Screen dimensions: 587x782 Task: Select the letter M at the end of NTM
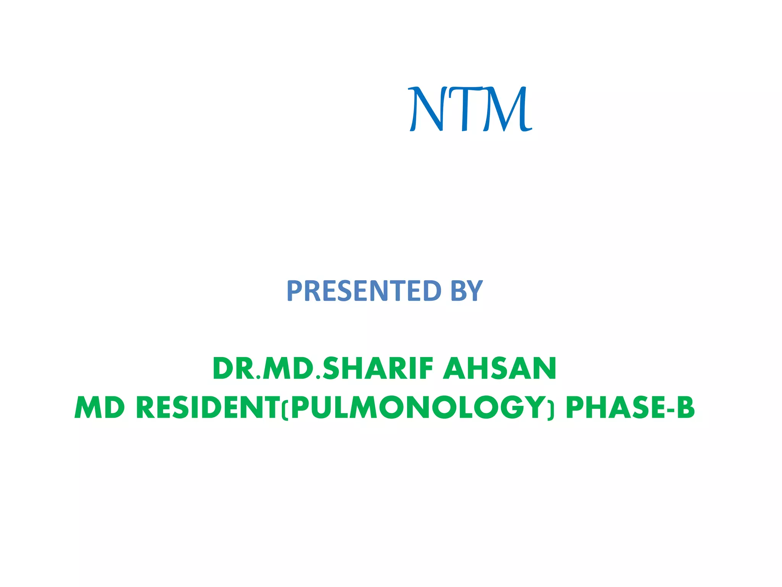click(506, 109)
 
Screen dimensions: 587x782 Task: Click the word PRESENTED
click(364, 291)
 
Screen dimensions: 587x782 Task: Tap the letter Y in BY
click(475, 291)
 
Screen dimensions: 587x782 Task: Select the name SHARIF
click(378, 369)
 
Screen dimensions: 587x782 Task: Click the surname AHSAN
click(499, 369)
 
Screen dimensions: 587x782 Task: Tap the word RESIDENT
click(208, 408)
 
